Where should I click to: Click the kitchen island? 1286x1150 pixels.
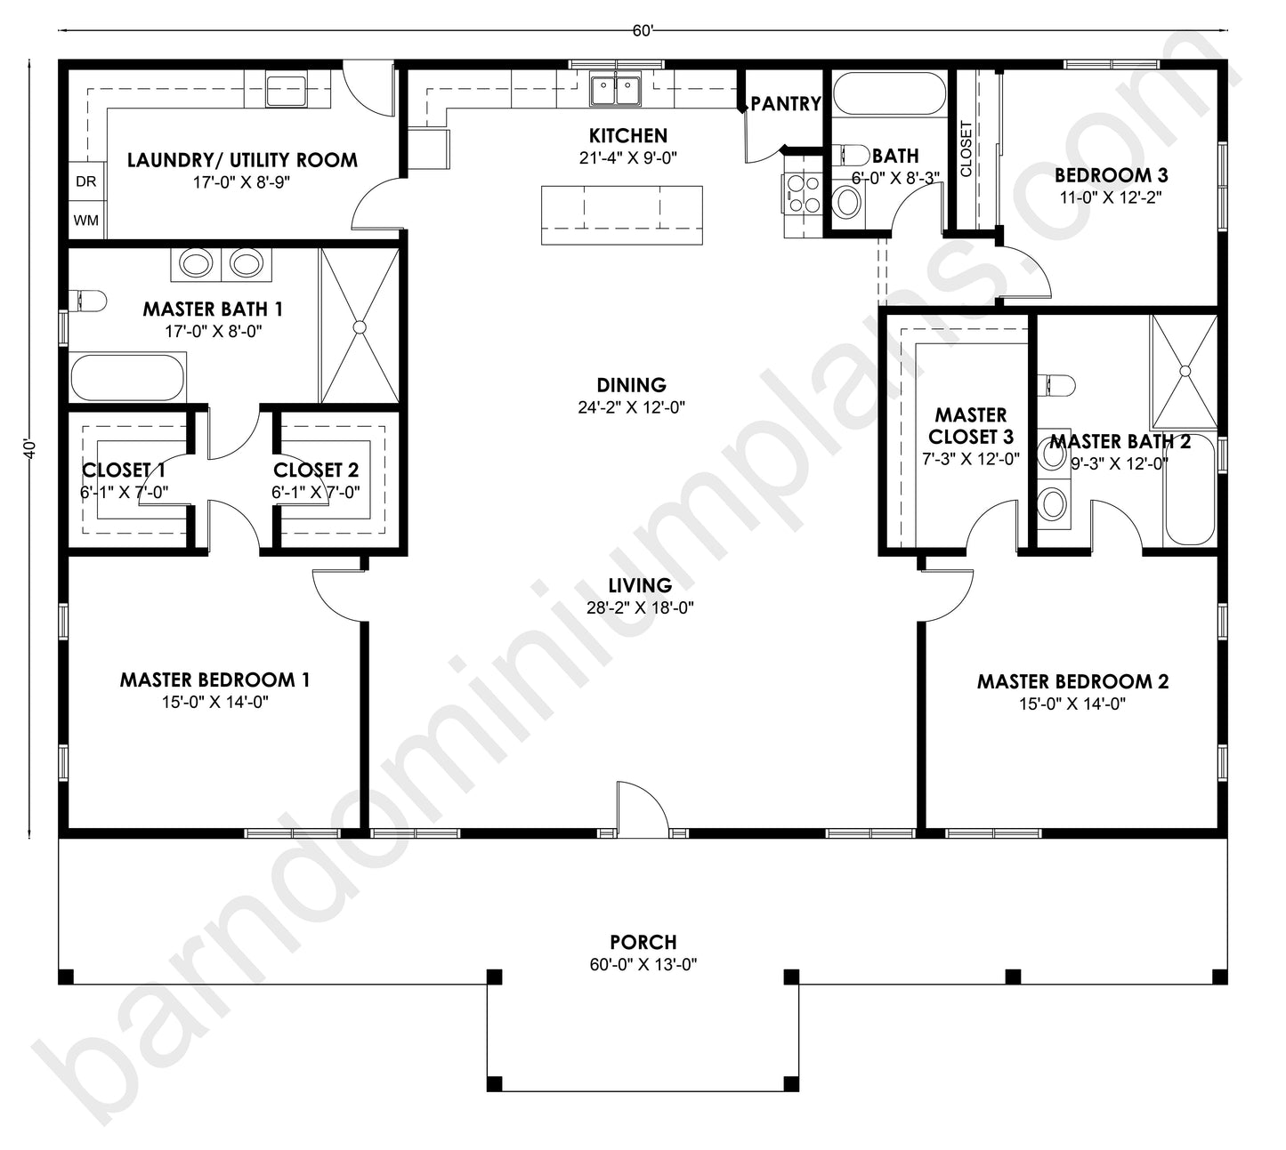pos(621,214)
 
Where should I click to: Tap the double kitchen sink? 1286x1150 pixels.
pos(616,90)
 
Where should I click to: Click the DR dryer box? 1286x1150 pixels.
pos(86,181)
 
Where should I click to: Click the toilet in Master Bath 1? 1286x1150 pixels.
pos(89,300)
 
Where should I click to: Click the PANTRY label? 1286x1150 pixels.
pos(785,104)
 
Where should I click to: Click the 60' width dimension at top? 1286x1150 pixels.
pos(643,31)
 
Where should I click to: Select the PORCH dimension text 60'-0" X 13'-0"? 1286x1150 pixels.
pos(643,965)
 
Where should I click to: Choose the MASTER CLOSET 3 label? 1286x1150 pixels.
pos(970,426)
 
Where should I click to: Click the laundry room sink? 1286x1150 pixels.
pos(287,91)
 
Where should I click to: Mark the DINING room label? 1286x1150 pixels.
pos(631,385)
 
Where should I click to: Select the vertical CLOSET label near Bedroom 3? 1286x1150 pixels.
pos(967,149)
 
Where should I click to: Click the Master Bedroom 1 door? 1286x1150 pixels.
pos(338,594)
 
